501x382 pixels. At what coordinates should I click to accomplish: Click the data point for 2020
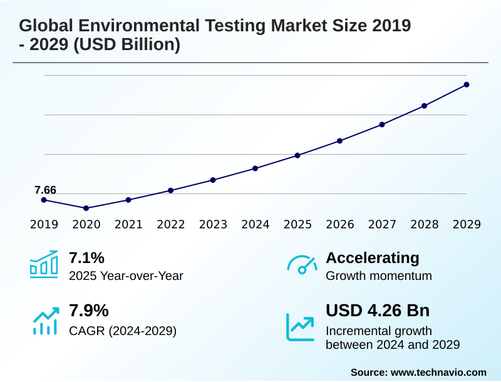point(86,208)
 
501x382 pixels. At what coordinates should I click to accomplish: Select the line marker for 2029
point(467,85)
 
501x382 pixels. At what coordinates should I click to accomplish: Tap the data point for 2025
point(297,155)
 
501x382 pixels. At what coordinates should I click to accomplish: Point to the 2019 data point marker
point(44,200)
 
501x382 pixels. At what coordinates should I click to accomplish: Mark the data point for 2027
point(382,125)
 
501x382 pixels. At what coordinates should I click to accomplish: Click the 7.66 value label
point(45,190)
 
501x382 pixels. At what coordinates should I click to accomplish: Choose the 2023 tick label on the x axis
point(213,225)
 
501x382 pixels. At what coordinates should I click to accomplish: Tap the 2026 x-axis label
point(339,225)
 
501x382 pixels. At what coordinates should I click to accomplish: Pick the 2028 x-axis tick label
point(424,225)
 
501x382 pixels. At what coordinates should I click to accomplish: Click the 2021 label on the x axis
point(128,225)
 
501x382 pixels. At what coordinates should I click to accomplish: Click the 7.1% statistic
point(86,258)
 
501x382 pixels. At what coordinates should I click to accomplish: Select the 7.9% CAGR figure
point(88,311)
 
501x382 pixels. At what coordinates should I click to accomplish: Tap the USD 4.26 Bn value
point(378,311)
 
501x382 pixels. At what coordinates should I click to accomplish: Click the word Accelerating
point(373,258)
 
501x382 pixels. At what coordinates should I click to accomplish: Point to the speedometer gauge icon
point(302,265)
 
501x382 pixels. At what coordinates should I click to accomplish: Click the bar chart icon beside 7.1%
point(44,264)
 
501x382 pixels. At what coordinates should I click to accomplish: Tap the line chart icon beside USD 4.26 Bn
point(300,326)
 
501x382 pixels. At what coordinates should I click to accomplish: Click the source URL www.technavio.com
point(438,372)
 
